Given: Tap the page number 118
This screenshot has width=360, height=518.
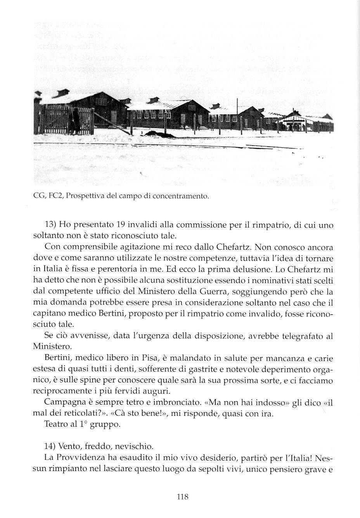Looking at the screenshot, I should tap(182, 496).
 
